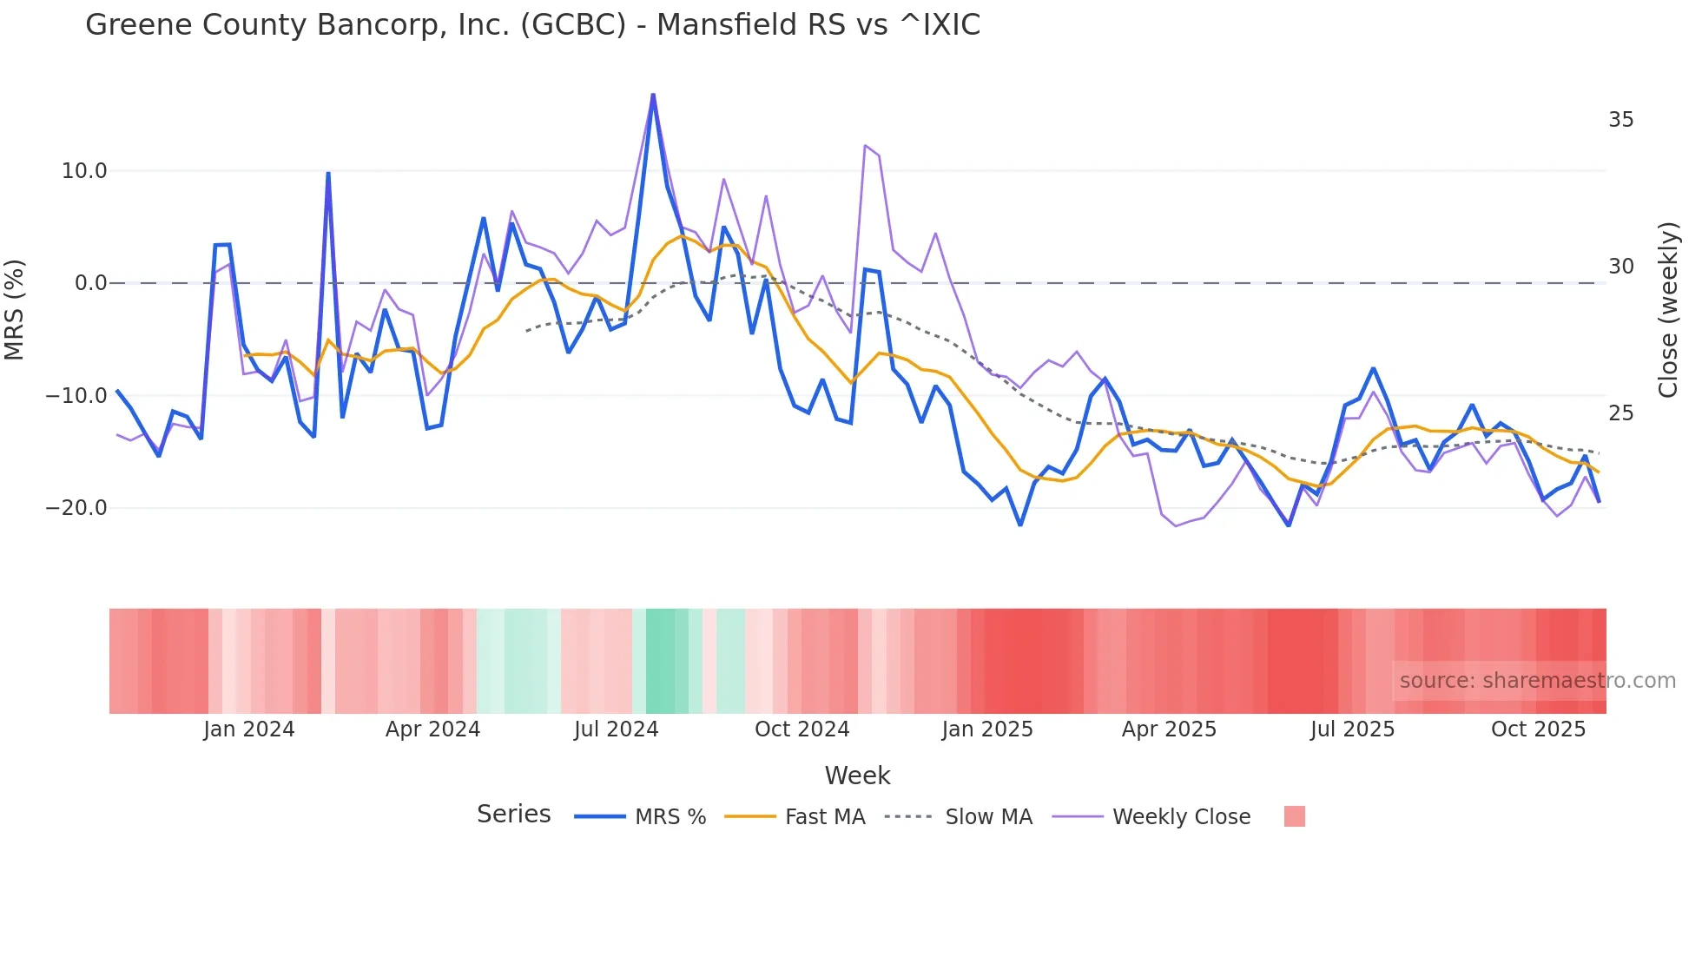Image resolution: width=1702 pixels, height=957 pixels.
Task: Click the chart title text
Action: (532, 24)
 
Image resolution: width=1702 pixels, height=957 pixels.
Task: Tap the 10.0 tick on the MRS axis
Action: (84, 171)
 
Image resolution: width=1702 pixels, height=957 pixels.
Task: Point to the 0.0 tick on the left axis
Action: (90, 283)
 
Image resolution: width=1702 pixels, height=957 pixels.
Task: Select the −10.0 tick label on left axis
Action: (76, 395)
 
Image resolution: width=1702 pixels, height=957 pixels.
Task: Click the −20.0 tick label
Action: (76, 507)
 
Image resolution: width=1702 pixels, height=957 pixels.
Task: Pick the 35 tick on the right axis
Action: (1620, 120)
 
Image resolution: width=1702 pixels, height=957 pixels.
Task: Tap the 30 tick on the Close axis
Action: (1620, 267)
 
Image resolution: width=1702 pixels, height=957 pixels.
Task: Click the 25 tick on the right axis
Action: (1620, 413)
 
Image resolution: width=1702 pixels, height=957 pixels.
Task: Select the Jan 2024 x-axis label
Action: (249, 729)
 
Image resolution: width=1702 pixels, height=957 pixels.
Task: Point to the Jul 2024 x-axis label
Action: (616, 729)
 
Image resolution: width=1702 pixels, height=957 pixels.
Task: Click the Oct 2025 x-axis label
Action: (1538, 729)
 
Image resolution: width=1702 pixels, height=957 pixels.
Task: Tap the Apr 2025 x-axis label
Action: (1169, 729)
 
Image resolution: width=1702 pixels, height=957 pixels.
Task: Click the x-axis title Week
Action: (857, 775)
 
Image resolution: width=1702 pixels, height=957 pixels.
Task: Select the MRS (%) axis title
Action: (15, 309)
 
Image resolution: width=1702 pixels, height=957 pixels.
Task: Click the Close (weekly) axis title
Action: (1667, 309)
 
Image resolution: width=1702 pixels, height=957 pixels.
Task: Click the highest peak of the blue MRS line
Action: (653, 95)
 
